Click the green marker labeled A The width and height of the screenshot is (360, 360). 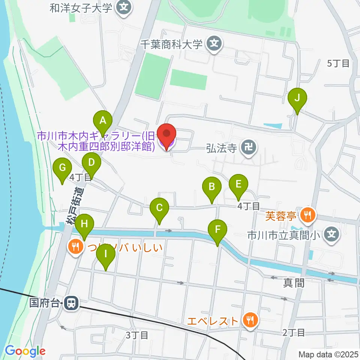pyautogui.click(x=102, y=121)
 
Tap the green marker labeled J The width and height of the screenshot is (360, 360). pyautogui.click(x=297, y=98)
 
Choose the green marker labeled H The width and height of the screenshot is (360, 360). pyautogui.click(x=84, y=225)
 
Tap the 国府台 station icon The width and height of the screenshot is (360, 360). pyautogui.click(x=70, y=303)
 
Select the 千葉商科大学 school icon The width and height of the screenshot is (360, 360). pyautogui.click(x=214, y=44)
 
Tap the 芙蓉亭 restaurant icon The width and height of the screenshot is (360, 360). pyautogui.click(x=308, y=215)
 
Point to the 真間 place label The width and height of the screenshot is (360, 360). pyautogui.click(x=294, y=282)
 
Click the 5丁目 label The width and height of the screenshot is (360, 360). pyautogui.click(x=338, y=64)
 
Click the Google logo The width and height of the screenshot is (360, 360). pyautogui.click(x=25, y=351)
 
